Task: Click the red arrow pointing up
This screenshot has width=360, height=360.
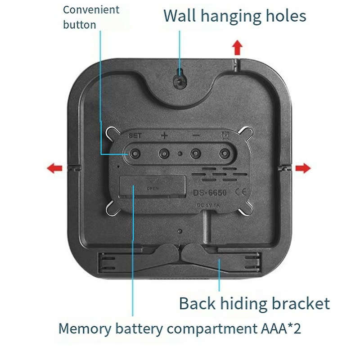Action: point(237,46)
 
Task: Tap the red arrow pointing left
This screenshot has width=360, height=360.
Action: point(54,168)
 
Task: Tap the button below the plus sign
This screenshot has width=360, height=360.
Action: point(164,153)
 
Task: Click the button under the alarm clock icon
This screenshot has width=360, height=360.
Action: point(224,153)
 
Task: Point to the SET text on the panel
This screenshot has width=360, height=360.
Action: point(135,135)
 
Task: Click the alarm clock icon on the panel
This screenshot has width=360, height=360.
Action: point(224,135)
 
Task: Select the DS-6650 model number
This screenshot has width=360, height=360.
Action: point(210,193)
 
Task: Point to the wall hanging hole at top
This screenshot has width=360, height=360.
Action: point(180,81)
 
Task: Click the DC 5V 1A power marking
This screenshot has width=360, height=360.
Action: point(208,205)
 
